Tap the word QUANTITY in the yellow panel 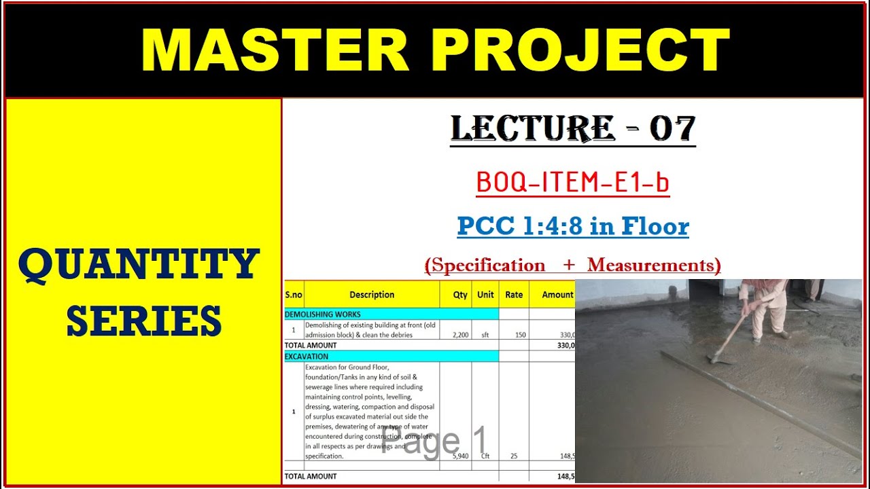(x=139, y=265)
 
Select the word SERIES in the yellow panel (x=144, y=321)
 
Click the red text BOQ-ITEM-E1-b (x=573, y=182)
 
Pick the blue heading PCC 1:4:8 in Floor (x=573, y=225)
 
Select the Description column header (x=372, y=295)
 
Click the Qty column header (x=460, y=295)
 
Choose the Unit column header (x=485, y=295)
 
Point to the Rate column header (x=514, y=295)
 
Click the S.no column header (x=294, y=295)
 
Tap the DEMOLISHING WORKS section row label (x=323, y=314)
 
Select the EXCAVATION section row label (x=307, y=357)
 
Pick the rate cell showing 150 (x=521, y=335)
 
